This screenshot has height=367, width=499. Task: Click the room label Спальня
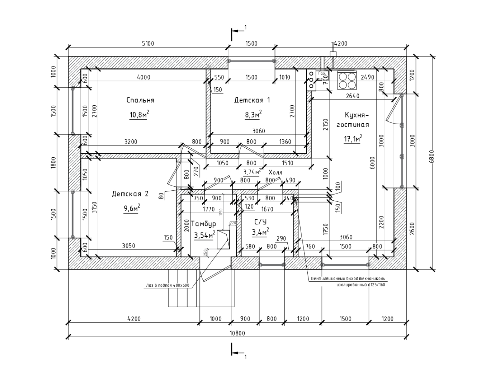(140, 100)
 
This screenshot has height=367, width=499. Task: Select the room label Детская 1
(252, 100)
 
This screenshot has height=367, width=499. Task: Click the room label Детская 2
(130, 194)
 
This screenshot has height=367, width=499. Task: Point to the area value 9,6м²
(132, 208)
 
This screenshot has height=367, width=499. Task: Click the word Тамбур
(204, 224)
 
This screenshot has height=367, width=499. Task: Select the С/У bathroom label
(260, 222)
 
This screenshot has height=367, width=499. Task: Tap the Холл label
(275, 172)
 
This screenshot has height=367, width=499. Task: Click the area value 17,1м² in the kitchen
(353, 139)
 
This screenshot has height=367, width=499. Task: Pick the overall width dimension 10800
(237, 333)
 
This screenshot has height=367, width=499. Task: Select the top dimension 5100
(148, 44)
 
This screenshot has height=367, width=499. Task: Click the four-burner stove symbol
(347, 80)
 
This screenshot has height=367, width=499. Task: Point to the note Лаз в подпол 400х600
(168, 285)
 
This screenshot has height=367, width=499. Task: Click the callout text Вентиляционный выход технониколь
(347, 278)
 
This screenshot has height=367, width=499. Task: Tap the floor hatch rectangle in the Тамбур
(223, 239)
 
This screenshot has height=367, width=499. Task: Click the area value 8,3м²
(253, 115)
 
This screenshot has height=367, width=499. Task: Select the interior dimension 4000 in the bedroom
(143, 77)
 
